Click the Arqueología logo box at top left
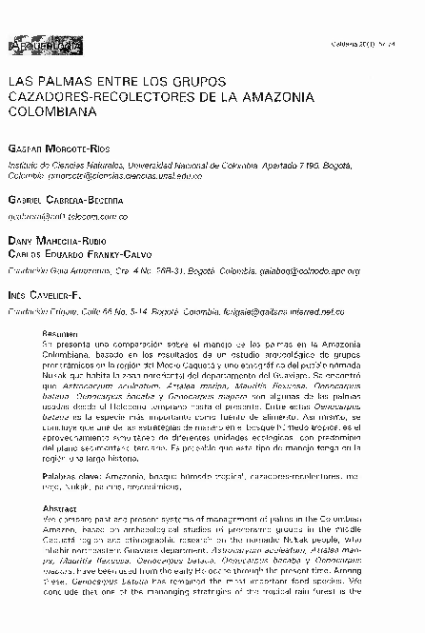click(x=39, y=46)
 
